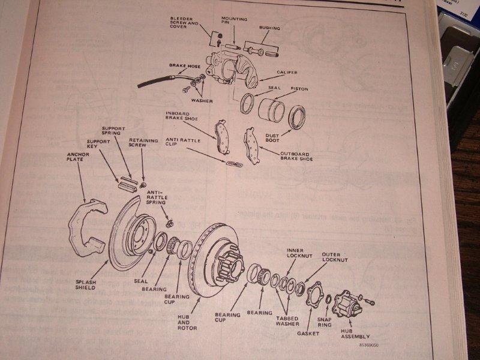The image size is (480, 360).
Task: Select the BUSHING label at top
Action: tap(269, 28)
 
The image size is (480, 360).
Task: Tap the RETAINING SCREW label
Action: tap(143, 145)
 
